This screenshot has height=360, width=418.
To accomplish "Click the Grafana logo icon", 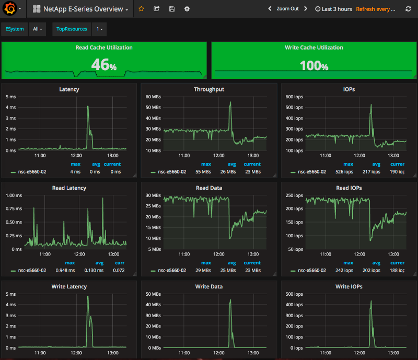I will point(9,9).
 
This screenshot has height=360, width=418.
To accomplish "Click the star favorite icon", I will point(141,9).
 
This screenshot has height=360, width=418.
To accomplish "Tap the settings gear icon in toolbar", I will point(187,9).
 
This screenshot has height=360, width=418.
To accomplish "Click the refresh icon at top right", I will point(409,9).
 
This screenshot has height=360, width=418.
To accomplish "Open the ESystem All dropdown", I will point(37,29).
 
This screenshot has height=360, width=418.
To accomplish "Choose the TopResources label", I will point(72,29).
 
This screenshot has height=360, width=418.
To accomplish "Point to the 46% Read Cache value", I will point(103,64).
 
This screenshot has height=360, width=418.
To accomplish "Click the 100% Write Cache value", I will point(313,66).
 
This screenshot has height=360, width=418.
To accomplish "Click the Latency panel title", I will point(69,89).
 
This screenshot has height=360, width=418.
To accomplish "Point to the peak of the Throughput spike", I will point(230,102).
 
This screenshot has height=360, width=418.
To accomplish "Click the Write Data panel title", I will point(209,286).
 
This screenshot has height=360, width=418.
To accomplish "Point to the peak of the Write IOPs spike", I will point(371,301).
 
